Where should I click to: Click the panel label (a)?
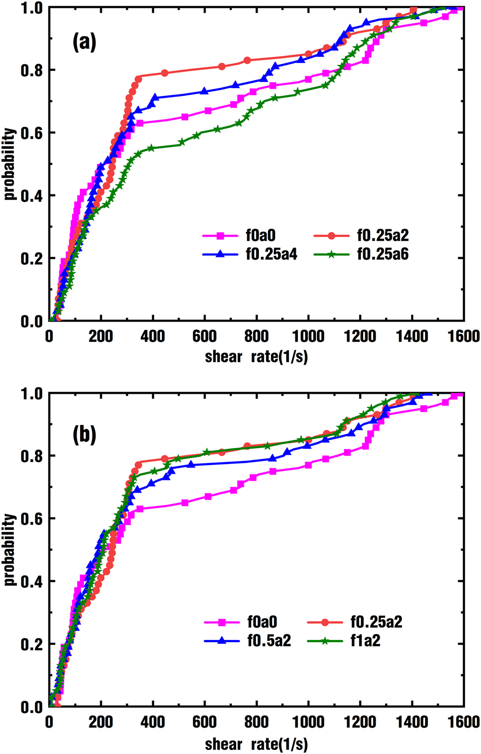click(84, 43)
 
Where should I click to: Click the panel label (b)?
click(84, 434)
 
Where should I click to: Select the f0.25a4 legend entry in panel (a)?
click(271, 254)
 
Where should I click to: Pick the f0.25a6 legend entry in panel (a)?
click(383, 254)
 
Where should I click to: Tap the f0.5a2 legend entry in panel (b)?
click(269, 641)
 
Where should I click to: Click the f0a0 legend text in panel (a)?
click(261, 236)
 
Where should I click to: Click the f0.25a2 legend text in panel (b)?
click(376, 622)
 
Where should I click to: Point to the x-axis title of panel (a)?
click(256, 356)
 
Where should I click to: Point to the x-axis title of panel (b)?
click(256, 744)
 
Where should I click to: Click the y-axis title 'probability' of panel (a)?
click(9, 164)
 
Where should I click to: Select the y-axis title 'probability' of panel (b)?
click(9, 550)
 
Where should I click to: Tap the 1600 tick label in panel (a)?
click(464, 337)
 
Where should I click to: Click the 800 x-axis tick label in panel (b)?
click(256, 723)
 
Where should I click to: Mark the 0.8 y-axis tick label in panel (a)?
click(31, 70)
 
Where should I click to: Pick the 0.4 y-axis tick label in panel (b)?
click(31, 581)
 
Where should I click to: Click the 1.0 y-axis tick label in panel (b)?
click(31, 394)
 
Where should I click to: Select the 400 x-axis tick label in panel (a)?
click(153, 337)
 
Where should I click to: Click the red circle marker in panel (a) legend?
click(331, 236)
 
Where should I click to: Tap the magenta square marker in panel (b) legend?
click(222, 622)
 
